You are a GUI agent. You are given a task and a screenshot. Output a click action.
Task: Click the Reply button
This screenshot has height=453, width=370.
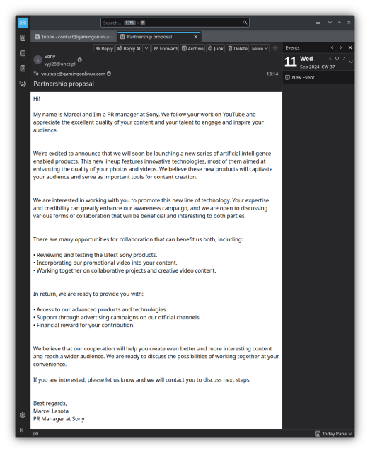(104, 49)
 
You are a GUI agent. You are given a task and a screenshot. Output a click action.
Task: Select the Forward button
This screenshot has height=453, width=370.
(165, 49)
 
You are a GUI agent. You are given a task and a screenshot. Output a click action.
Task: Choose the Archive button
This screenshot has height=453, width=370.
(192, 49)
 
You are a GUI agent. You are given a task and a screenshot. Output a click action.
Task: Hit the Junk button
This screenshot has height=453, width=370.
(216, 49)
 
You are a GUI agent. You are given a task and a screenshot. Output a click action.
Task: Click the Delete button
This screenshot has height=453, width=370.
(238, 49)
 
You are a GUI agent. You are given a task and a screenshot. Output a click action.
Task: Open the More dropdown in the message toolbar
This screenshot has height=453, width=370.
(260, 49)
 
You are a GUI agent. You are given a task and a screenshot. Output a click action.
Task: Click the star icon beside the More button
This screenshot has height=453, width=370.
(275, 49)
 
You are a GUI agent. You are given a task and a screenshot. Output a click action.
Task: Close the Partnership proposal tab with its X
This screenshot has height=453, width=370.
(196, 36)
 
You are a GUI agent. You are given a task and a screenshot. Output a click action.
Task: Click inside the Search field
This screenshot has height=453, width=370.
(177, 23)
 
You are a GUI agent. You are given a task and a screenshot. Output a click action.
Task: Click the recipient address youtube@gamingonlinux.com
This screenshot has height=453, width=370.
(73, 74)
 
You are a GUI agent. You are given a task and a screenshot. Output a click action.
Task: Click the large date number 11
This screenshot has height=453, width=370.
(290, 62)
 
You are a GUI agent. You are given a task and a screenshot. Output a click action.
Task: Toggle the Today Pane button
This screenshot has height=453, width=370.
(333, 433)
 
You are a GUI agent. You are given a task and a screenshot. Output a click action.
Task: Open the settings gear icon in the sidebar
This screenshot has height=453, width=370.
(23, 414)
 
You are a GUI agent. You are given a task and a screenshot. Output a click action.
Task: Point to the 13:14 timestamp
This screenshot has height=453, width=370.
(272, 74)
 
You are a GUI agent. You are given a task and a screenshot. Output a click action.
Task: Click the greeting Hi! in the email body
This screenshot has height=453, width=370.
(37, 98)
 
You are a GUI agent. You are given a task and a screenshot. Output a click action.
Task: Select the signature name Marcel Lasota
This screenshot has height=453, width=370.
(51, 411)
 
